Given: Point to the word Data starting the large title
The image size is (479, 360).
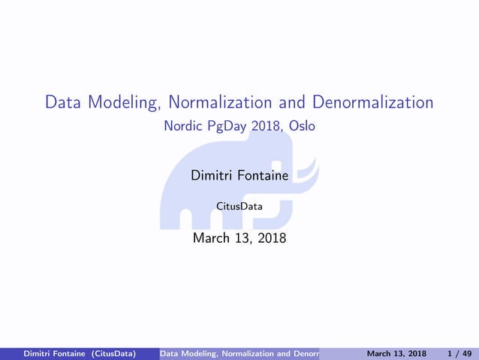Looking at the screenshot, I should (x=62, y=102).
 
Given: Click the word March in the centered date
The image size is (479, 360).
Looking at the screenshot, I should (x=210, y=239).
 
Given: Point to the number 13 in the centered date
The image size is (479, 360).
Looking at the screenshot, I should (x=242, y=239).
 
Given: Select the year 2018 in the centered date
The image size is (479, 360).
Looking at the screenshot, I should (x=270, y=239).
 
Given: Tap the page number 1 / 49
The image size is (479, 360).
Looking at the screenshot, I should (x=459, y=353).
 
